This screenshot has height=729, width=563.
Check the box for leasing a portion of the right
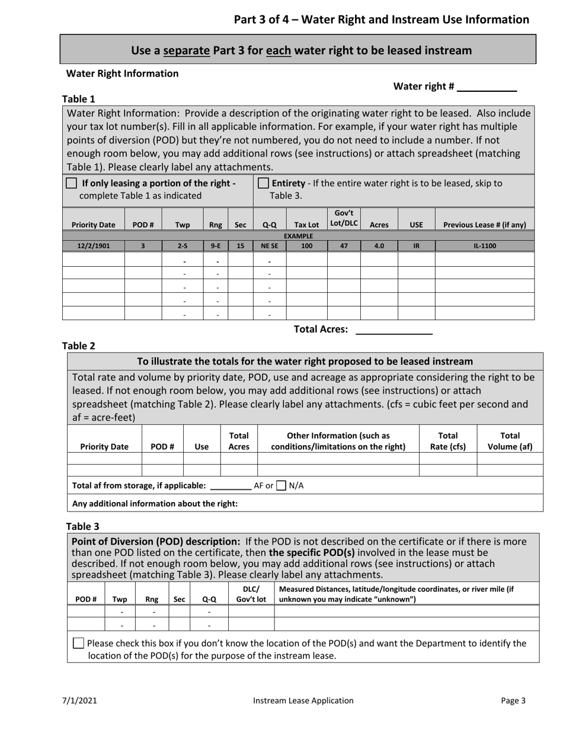point(72,183)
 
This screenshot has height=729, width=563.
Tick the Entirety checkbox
point(264,183)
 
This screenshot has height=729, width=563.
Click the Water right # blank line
point(487,87)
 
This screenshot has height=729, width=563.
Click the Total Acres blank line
point(394,330)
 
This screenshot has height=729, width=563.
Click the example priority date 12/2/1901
point(93,245)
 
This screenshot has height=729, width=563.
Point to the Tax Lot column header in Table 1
point(306,225)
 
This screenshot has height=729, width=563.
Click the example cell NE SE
point(269,245)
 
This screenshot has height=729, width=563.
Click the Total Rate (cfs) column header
point(447,442)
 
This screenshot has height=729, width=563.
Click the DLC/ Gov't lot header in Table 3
point(251,594)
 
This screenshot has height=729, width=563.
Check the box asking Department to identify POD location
point(79,644)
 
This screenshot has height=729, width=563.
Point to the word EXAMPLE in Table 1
point(298,236)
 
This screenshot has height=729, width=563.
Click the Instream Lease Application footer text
point(303,701)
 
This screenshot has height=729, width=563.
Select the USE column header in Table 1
point(416,225)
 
